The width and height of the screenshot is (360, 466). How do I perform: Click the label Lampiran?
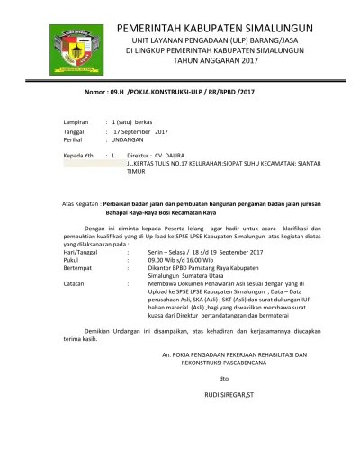coord(74,121)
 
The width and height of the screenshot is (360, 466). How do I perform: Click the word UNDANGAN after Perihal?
coord(126,140)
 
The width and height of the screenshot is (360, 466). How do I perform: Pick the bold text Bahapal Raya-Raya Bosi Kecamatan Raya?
coord(157,216)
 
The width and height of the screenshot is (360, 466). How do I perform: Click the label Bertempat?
coord(79,270)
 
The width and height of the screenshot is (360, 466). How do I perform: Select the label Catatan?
coord(75,286)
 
